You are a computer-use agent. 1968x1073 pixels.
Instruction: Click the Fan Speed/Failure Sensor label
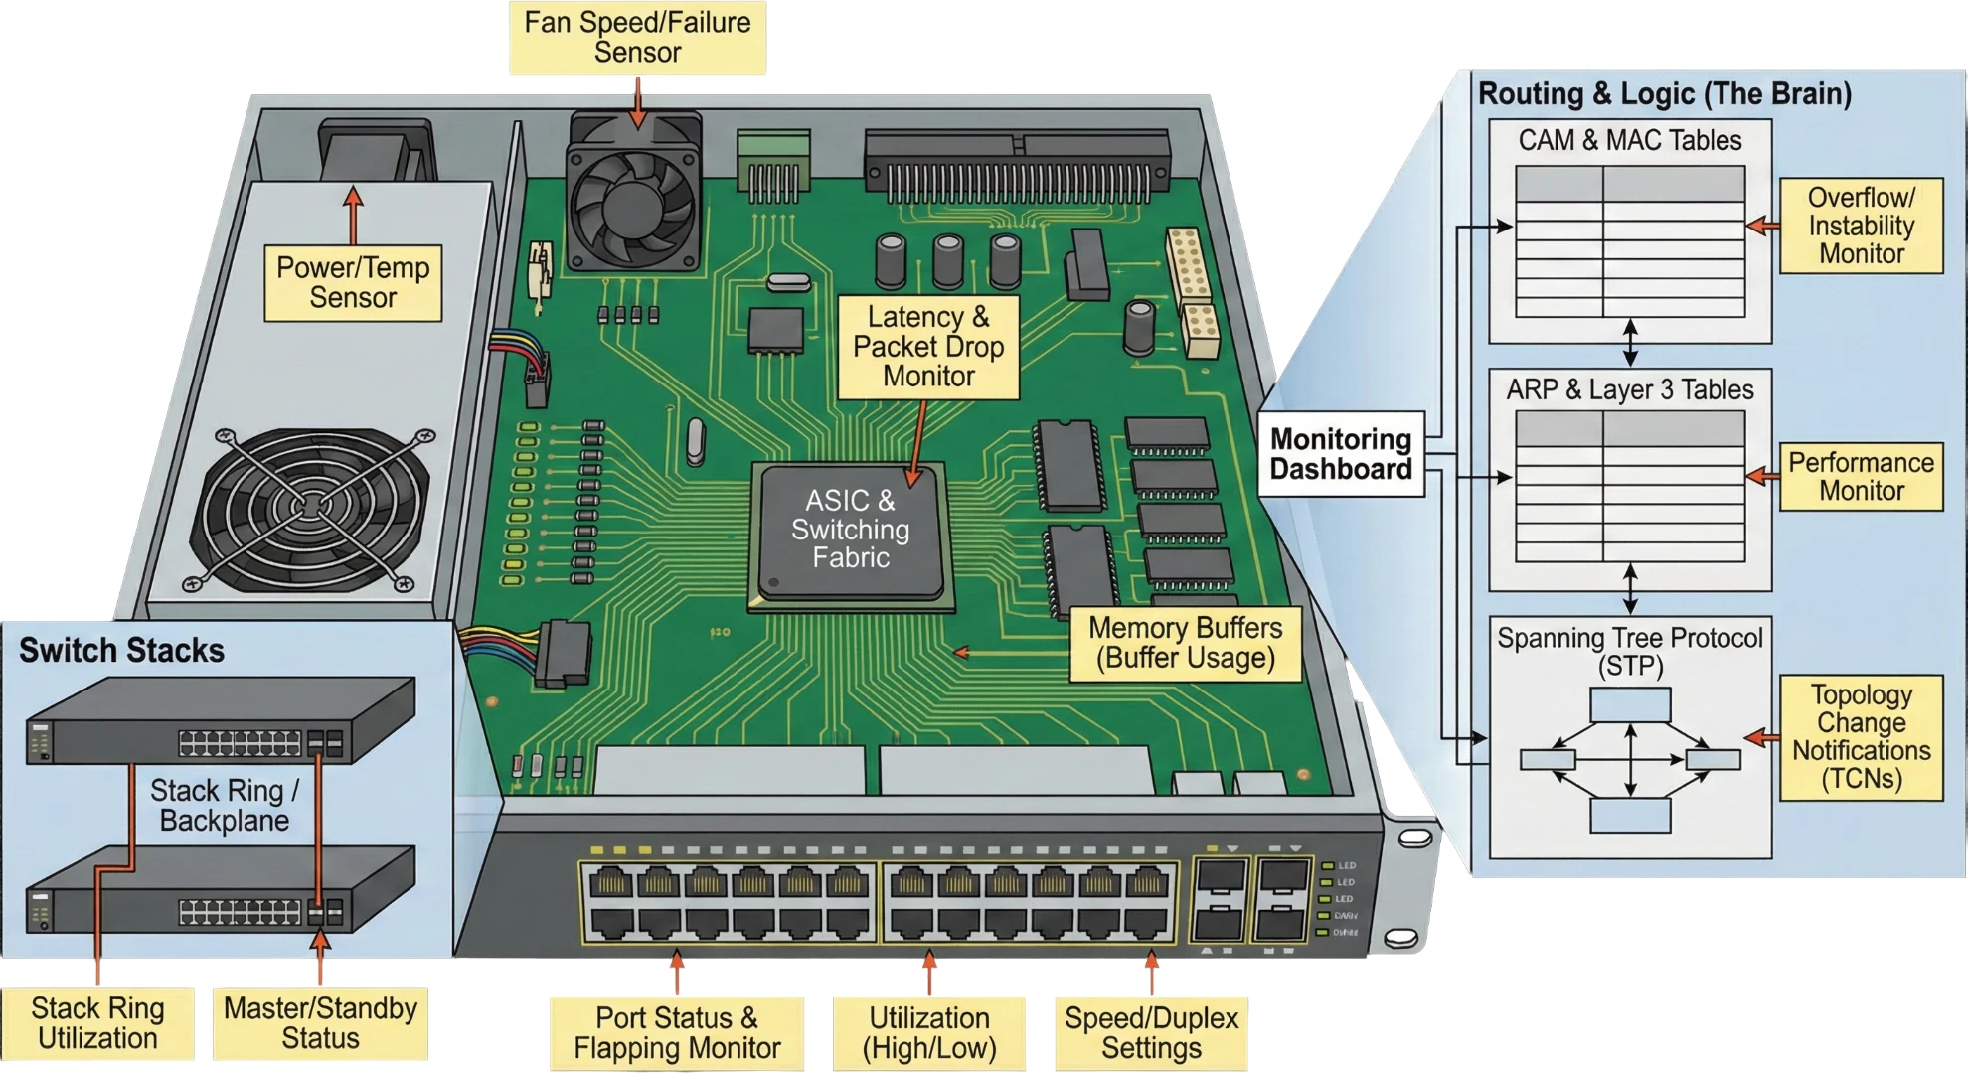[x=637, y=38]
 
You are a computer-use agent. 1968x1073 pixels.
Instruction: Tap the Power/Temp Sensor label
[x=353, y=283]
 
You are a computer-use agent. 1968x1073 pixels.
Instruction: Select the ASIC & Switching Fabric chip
[x=851, y=531]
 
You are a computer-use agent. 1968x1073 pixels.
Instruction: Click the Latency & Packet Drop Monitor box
[x=928, y=347]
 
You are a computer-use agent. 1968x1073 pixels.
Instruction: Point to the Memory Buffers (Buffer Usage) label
[x=1185, y=644]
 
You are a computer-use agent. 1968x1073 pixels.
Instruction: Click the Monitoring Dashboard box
[x=1341, y=454]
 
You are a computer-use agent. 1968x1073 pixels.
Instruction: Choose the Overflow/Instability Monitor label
[x=1861, y=226]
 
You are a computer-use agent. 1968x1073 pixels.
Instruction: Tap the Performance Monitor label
[x=1861, y=477]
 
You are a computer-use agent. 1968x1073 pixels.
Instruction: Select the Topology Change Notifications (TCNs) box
[x=1861, y=737]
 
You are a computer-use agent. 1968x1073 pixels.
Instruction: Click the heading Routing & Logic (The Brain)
[x=1665, y=94]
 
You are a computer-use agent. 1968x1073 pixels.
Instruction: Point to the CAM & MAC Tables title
[x=1630, y=141]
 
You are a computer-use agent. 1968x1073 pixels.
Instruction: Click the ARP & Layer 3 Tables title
[x=1630, y=390]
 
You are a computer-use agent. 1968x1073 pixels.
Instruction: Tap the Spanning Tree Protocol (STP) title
[x=1630, y=651]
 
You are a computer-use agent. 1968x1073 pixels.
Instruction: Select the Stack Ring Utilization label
[x=97, y=1023]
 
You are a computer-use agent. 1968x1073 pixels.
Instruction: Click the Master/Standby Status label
[x=320, y=1023]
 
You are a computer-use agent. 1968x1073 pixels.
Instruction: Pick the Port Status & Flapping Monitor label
[x=677, y=1033]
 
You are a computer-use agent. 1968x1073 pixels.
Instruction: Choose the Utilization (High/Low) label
[x=929, y=1033]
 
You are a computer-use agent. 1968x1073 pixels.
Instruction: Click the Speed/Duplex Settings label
[x=1151, y=1033]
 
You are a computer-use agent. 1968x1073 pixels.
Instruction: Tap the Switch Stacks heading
[x=121, y=651]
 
